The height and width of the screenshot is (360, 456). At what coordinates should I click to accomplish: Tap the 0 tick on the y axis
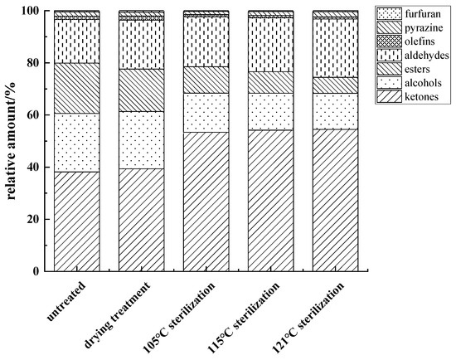click(36, 271)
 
